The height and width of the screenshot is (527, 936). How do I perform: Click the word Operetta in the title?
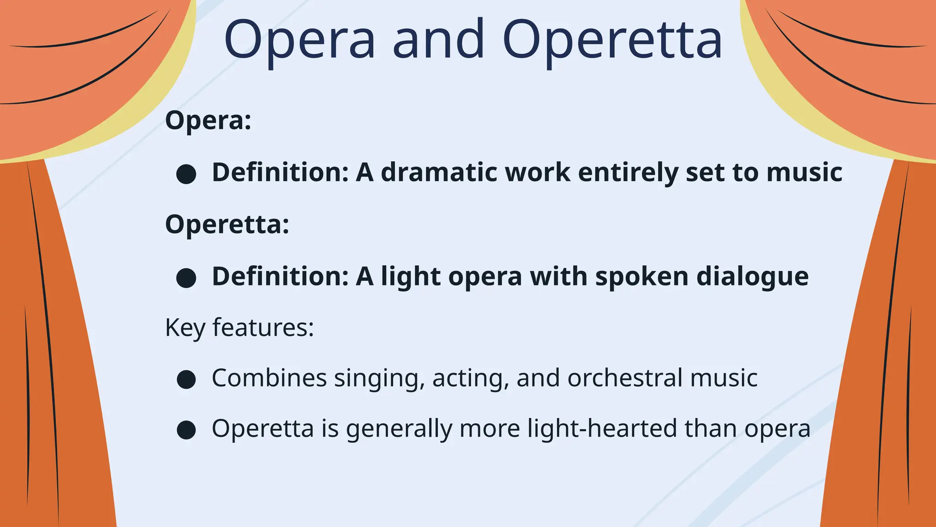[x=612, y=40]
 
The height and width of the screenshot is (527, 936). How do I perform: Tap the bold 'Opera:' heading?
[x=208, y=120]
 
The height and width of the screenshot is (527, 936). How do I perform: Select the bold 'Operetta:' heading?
[x=227, y=225]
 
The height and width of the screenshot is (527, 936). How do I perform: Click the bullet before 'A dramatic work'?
[x=186, y=174]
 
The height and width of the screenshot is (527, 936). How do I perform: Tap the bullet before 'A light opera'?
[x=186, y=278]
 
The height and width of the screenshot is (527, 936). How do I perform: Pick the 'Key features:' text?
[x=239, y=328]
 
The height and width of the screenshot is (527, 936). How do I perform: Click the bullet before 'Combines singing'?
[x=186, y=379]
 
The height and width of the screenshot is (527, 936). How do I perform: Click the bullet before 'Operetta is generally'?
[x=186, y=430]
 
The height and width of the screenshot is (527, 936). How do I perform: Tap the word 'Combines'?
[x=269, y=378]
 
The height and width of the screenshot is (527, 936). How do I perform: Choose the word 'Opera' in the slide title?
[x=299, y=40]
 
